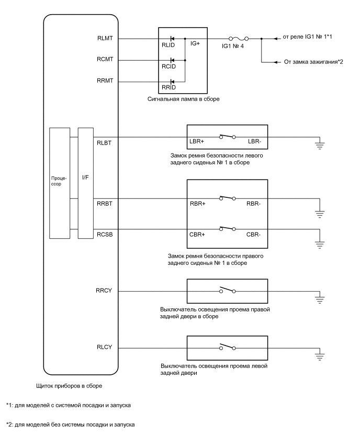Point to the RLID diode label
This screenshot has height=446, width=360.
(168, 46)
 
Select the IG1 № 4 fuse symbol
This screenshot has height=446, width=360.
(239, 38)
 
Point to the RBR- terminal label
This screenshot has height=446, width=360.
(254, 203)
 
